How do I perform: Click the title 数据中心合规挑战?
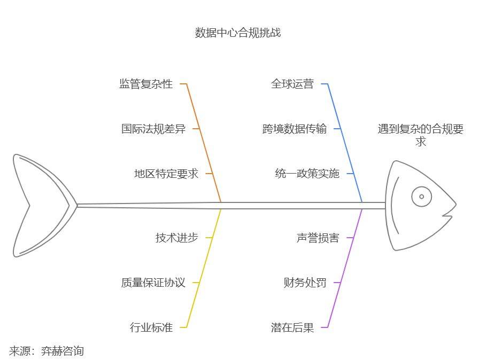pos(238,33)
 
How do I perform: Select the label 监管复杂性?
pos(146,84)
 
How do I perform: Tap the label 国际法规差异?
pos(153,129)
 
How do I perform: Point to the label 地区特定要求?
pos(166,174)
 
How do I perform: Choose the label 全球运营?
pos(292,84)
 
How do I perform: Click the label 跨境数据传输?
pos(295,129)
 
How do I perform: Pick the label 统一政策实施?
pos(307,174)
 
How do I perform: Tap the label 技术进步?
pos(177,238)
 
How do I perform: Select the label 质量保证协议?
pos(153,283)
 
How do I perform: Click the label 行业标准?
pos(151,327)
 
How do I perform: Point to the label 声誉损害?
pos(318,238)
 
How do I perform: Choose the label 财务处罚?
pos(305,283)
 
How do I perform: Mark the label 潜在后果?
pos(292,327)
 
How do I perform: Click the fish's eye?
pos(422,197)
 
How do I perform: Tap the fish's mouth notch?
pos(445,216)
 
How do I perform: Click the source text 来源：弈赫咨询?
pos(47,351)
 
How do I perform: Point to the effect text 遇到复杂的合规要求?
pos(421,135)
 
